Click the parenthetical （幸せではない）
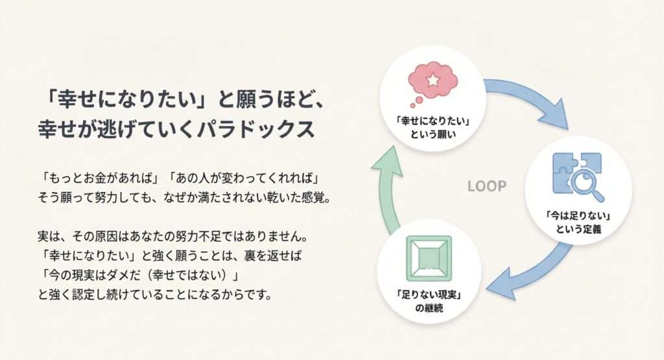click(191, 274)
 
